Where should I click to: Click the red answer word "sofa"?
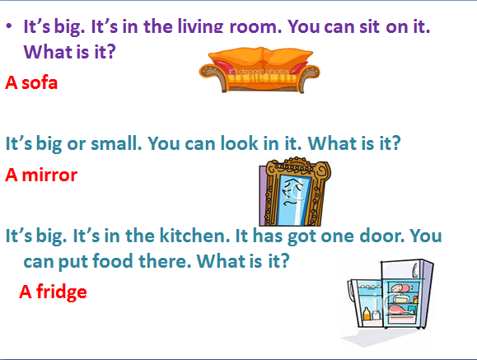coord(40,82)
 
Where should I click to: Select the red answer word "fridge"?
coord(62,292)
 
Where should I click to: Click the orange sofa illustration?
coord(260,70)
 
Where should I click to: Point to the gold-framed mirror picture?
coord(294,192)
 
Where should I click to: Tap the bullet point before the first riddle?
coord(9,26)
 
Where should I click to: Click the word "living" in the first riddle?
coord(200,27)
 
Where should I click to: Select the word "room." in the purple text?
coord(255,27)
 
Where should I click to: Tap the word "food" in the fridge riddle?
coord(113,261)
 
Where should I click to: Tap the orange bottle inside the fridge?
coord(367,314)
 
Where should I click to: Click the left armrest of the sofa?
coord(213,74)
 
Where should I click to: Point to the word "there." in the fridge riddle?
coord(165,261)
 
